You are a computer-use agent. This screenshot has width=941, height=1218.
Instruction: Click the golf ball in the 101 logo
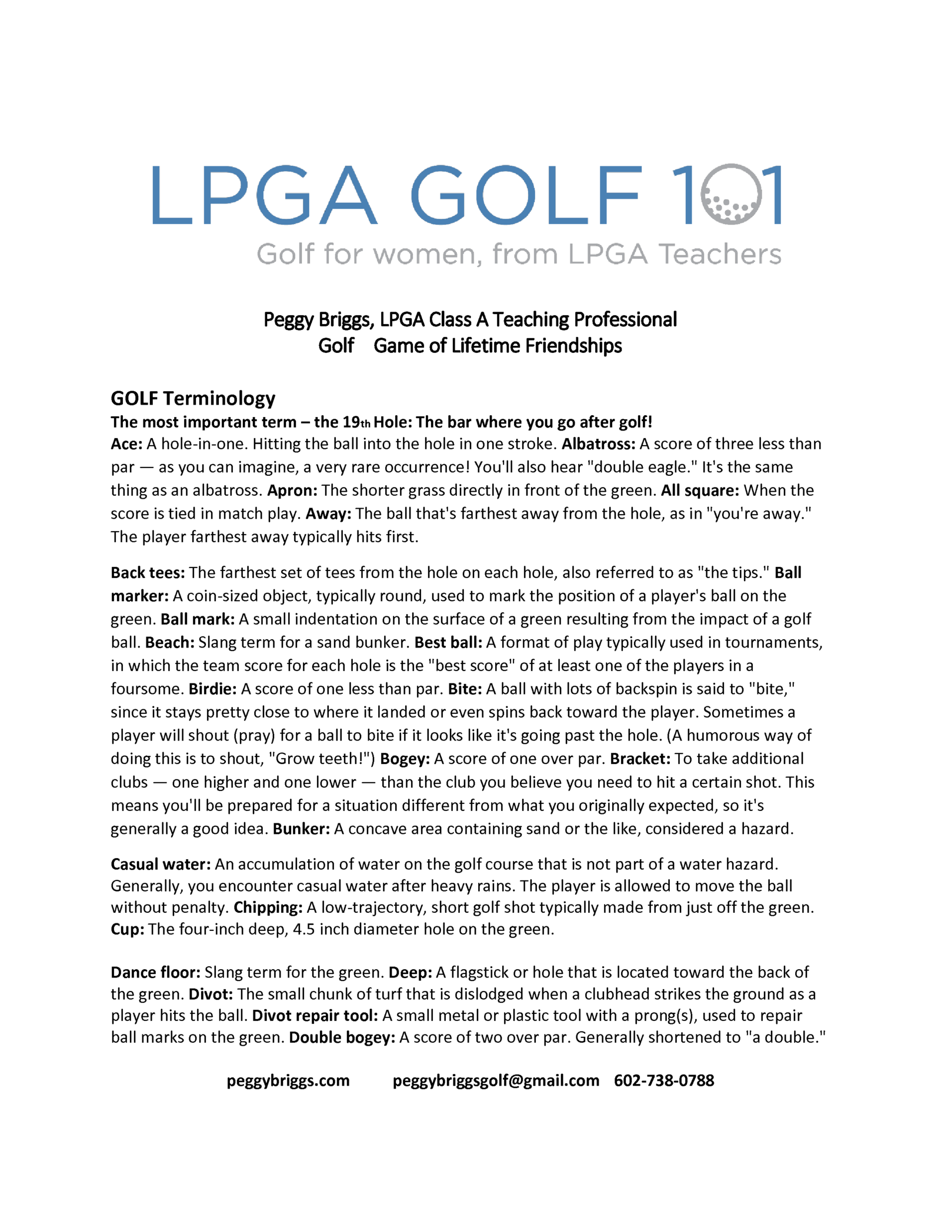[x=732, y=195]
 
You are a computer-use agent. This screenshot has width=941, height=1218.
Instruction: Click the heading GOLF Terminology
[x=193, y=398]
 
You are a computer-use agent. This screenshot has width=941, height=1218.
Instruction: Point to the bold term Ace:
[x=126, y=443]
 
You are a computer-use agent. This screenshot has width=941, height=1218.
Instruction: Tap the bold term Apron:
[x=292, y=490]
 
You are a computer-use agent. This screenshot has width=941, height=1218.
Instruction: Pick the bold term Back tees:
[x=148, y=572]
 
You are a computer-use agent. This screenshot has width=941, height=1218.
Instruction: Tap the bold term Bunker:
[x=301, y=829]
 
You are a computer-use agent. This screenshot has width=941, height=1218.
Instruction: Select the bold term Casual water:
[x=161, y=864]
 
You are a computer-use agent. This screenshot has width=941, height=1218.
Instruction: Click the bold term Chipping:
[x=268, y=907]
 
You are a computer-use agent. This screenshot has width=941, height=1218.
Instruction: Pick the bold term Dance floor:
[x=156, y=972]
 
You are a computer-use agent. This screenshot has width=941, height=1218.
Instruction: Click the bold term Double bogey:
[x=342, y=1037]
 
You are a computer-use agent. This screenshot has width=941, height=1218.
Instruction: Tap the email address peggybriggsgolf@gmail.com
[x=496, y=1080]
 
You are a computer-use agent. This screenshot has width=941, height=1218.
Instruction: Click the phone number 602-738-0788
[x=664, y=1080]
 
